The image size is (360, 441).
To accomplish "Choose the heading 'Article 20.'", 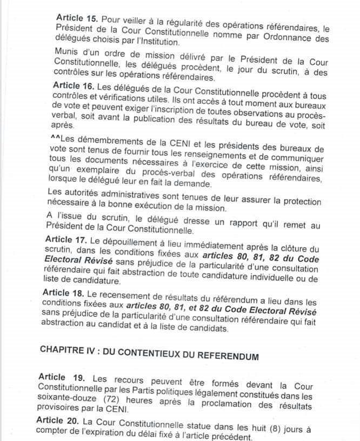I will [x=59, y=420].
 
